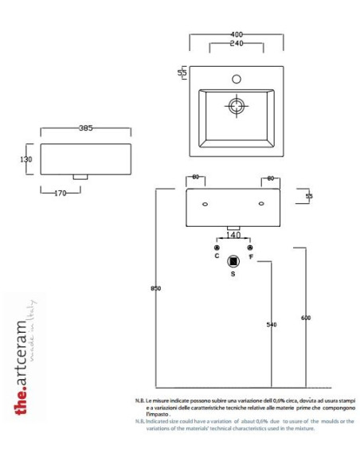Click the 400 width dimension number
[236, 36]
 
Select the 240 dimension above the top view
[236, 43]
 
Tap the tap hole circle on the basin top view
[236, 80]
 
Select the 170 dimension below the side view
[59, 193]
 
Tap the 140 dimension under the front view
[233, 236]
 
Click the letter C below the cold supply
[217, 257]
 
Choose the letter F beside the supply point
[251, 257]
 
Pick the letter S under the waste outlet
[233, 274]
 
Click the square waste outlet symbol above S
[233, 260]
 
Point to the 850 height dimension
[156, 288]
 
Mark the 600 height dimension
[305, 318]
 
